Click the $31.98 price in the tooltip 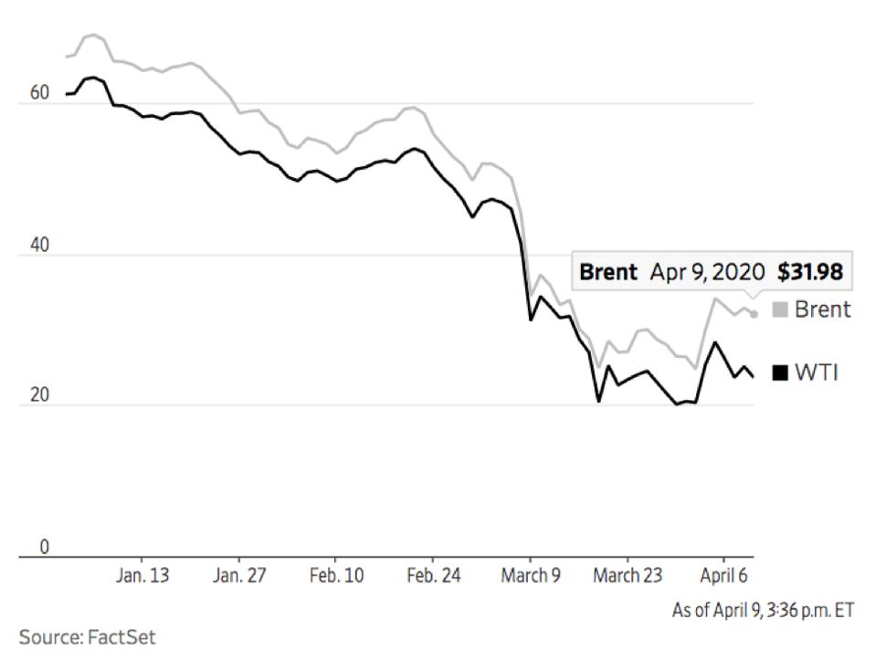(809, 272)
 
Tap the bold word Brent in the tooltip (608, 272)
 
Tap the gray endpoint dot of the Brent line (754, 314)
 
